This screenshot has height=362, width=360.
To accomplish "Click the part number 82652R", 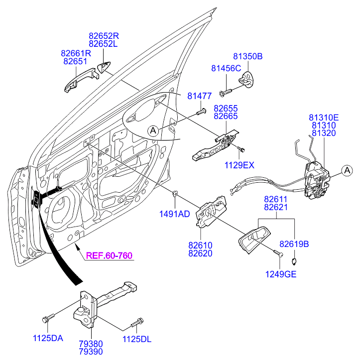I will click(104, 36).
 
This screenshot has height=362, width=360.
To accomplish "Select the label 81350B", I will click(247, 56).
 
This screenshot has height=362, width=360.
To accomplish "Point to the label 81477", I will click(200, 96).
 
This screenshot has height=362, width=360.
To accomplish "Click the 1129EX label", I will click(239, 164).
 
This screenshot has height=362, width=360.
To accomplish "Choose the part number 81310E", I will click(324, 118).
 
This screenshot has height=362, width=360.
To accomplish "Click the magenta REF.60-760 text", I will click(109, 256).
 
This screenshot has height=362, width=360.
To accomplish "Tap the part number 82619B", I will click(294, 244).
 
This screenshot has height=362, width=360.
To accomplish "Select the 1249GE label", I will click(280, 274).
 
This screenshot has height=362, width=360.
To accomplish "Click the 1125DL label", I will click(136, 340).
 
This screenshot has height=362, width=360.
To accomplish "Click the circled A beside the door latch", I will click(347, 171).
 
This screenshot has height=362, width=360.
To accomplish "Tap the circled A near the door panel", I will click(153, 131).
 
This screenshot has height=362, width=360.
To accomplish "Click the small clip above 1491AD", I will click(175, 193).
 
